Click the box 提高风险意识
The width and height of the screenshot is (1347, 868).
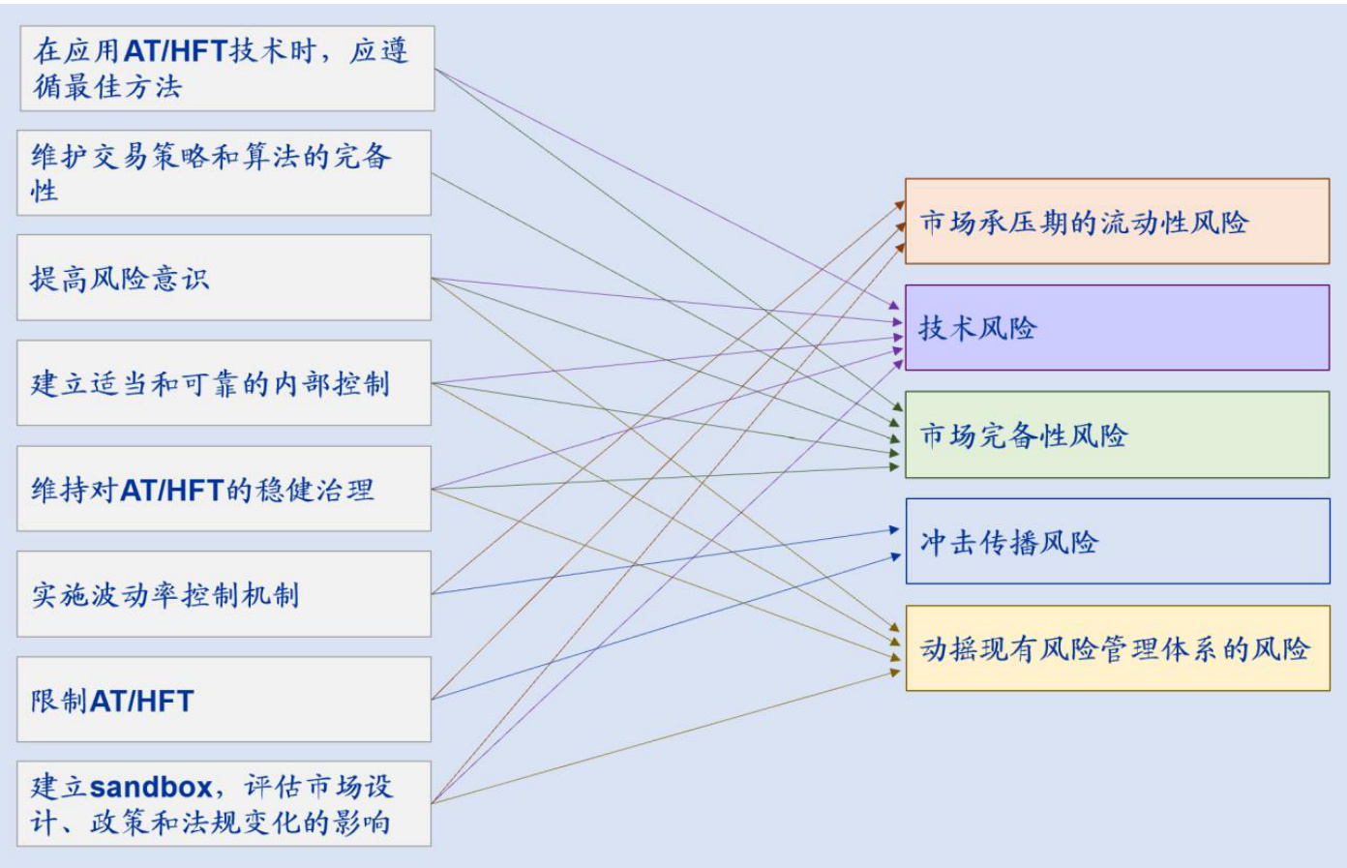point(224,278)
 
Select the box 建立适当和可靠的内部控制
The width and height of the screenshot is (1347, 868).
point(224,383)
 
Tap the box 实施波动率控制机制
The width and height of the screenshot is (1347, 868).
point(224,594)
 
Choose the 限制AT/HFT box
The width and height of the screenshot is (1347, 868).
point(224,700)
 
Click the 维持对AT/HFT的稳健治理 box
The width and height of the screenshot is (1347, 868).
point(224,489)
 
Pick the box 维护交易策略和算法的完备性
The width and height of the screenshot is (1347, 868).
point(224,172)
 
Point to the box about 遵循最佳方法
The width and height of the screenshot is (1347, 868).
point(227,68)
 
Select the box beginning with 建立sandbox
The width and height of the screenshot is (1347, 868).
point(224,804)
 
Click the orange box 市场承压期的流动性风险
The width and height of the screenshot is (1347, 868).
point(1117,222)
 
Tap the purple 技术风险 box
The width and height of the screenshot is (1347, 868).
point(1117,328)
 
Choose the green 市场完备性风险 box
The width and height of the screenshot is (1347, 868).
point(1117,434)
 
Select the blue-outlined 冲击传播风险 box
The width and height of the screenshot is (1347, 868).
point(1117,541)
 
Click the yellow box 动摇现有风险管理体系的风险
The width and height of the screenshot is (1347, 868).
point(1117,648)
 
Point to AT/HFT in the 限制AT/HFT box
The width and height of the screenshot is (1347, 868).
point(141,701)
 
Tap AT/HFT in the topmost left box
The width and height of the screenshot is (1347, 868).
point(175,50)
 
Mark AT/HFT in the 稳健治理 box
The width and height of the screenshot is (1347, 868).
point(172,490)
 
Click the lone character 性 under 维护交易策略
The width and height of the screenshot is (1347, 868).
point(45,191)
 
